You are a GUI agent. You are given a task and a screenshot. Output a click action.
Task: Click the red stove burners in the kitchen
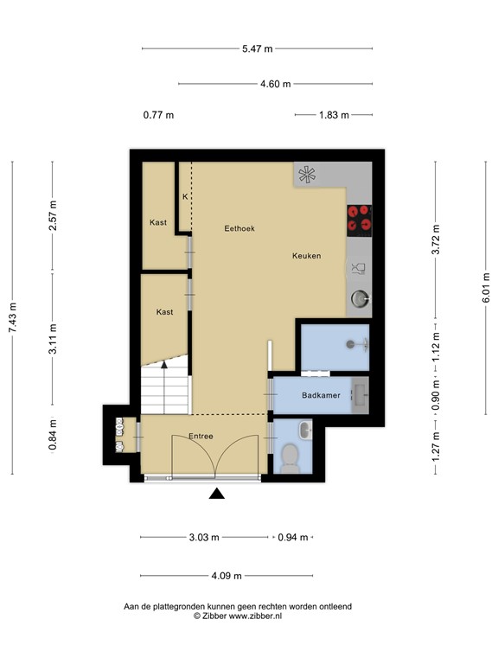pos(359,220)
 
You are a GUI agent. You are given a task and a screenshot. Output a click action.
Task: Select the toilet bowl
pos(289,457)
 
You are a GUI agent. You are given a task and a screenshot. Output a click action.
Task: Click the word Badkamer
pos(320,396)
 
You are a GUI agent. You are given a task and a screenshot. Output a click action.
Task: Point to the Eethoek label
pos(239,228)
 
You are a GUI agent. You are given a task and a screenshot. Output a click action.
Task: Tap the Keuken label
pos(307,256)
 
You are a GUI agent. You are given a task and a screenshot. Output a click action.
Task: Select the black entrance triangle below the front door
pos(217,494)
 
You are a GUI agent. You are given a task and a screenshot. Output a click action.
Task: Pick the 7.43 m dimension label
pos(12,318)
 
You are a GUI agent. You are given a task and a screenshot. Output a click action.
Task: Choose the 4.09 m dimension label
pos(226,576)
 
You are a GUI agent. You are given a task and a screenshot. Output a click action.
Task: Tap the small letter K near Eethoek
pos(184,197)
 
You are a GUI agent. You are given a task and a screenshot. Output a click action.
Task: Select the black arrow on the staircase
pos(164,366)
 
